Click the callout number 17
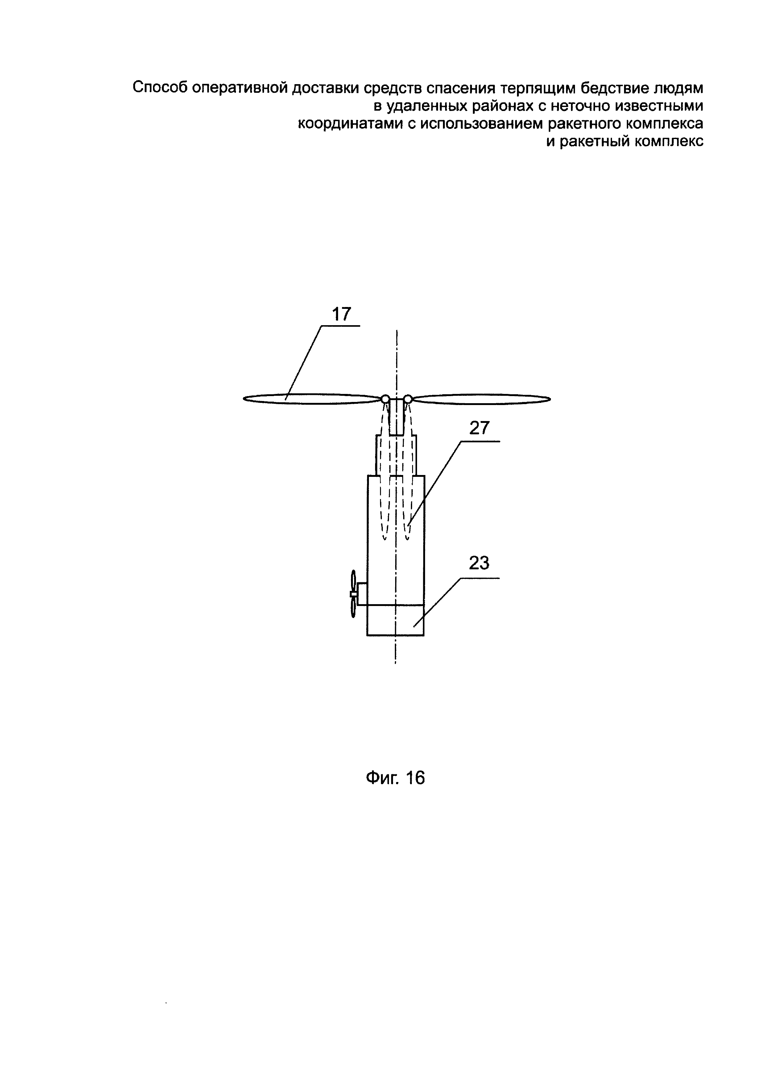[x=341, y=314]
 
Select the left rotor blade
[x=311, y=399]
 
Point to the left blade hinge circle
[x=385, y=399]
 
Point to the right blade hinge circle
[x=408, y=399]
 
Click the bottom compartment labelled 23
[x=395, y=620]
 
